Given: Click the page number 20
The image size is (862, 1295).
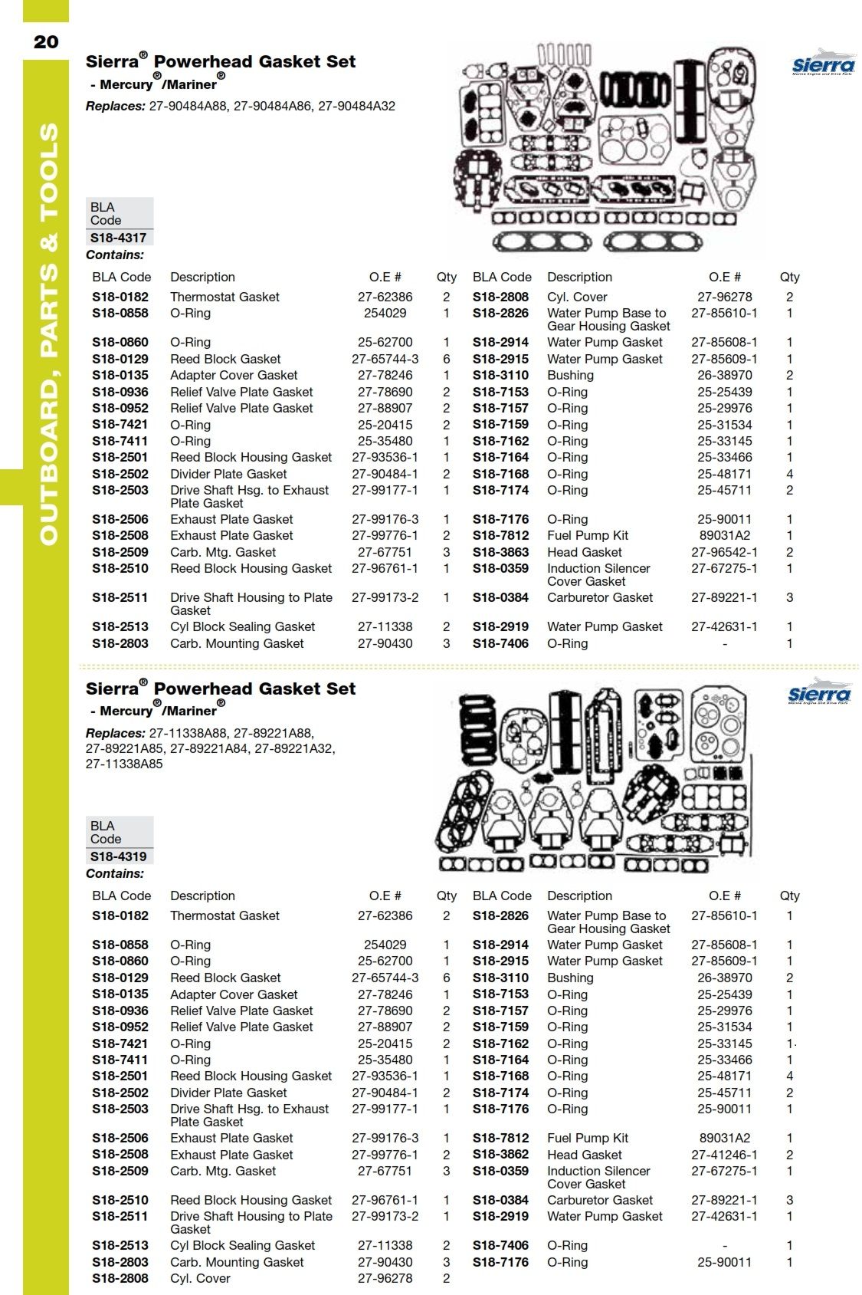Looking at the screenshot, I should [46, 41].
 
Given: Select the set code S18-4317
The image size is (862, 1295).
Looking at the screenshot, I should [119, 238].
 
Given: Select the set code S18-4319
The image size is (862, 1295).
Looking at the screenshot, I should [119, 856].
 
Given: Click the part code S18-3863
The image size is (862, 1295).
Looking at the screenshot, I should [501, 552].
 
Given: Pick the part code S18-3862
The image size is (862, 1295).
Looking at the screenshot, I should [501, 1155].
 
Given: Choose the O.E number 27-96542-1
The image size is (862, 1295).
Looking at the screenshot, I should [724, 552].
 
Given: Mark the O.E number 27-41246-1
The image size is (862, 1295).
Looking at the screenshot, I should [724, 1155].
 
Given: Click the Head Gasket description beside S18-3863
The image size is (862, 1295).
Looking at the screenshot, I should [585, 552].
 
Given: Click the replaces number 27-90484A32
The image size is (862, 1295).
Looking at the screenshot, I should [356, 106].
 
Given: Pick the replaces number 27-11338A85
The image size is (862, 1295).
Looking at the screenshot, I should [124, 764].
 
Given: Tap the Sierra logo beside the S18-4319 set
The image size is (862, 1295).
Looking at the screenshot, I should [819, 692].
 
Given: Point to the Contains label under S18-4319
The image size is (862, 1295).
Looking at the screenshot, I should [115, 873].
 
